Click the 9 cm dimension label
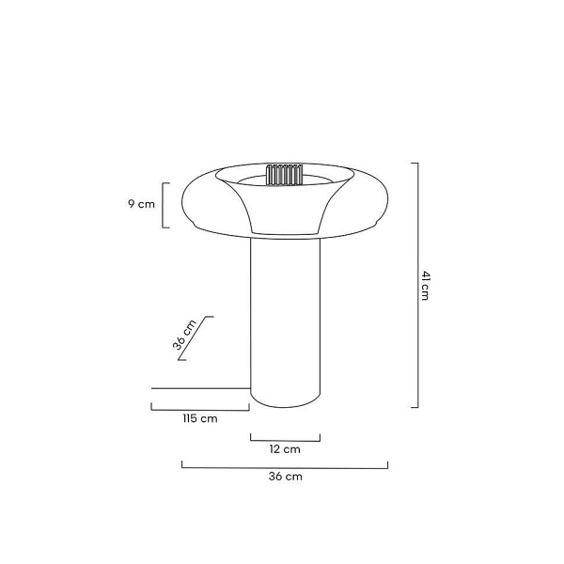pos(141,204)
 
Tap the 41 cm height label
pos(425,285)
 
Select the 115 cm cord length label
pos(200,418)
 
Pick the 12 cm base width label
pos(285,449)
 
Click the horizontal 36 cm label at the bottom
pos(285,477)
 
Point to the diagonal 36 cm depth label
pos(184,335)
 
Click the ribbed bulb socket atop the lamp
pos(284,175)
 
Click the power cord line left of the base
pos(201,388)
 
